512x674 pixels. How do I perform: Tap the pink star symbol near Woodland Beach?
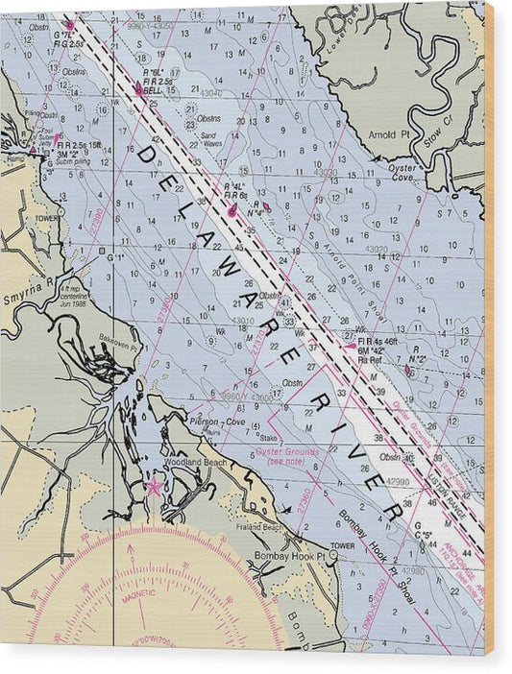(153, 486)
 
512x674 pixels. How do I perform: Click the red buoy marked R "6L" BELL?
(140, 89)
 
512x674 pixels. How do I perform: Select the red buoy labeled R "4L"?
(232, 204)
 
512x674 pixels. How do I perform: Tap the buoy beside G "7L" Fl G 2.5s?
(69, 25)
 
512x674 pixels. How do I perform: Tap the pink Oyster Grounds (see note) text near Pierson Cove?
(283, 454)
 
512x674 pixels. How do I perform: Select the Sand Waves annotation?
(212, 139)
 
